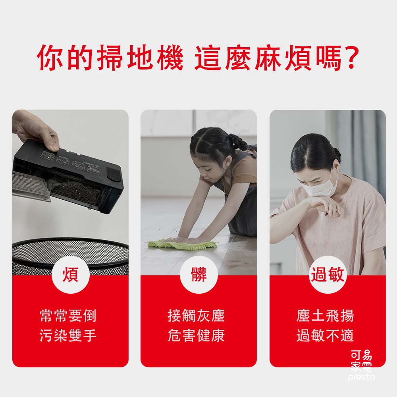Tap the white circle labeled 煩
[x=70, y=275]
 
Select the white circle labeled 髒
[x=198, y=275]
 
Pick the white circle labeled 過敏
[x=328, y=275]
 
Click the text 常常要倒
[x=68, y=316]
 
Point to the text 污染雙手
[x=68, y=335]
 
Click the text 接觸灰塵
[x=197, y=316]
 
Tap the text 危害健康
[x=197, y=335]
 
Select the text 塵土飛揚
[x=325, y=316]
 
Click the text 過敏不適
[x=325, y=335]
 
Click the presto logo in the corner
[x=361, y=365]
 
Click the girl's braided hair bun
[x=238, y=141]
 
